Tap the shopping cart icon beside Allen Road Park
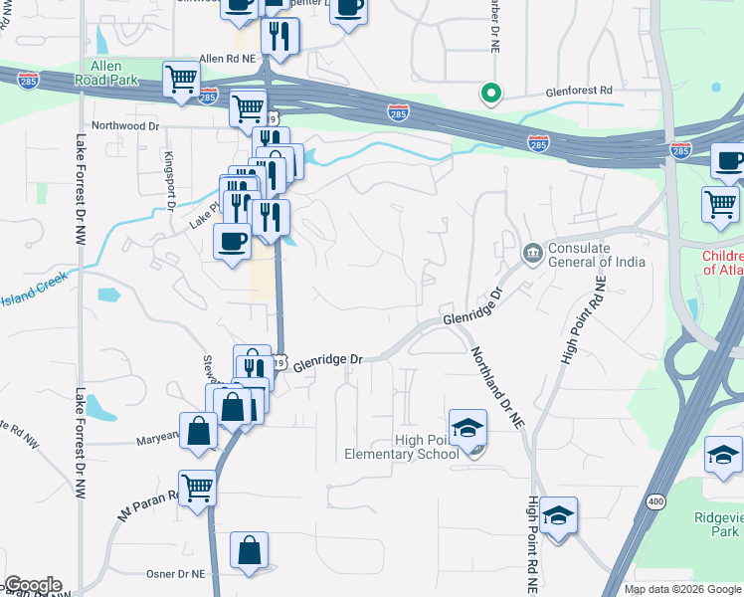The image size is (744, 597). [x=181, y=79]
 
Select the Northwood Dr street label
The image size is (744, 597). [x=125, y=126]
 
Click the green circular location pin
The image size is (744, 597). [x=490, y=94]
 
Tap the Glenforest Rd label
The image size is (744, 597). [x=578, y=91]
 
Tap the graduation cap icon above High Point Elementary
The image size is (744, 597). [x=467, y=427]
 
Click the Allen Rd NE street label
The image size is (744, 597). [x=228, y=59]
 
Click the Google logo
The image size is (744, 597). [x=33, y=585]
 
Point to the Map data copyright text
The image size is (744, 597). [x=681, y=589]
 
